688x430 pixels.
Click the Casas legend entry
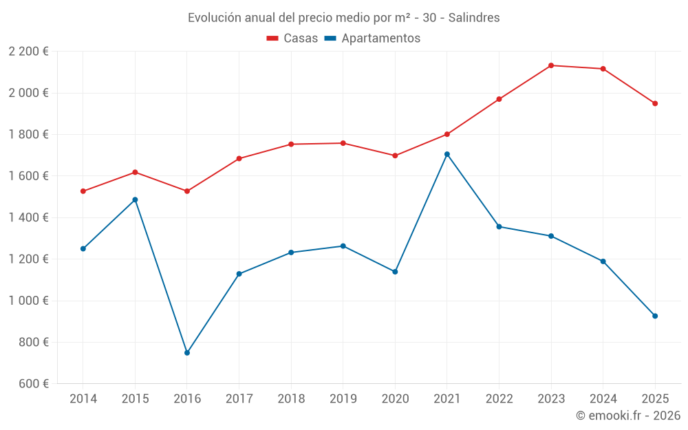tap(292, 39)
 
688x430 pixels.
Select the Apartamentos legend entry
tap(372, 39)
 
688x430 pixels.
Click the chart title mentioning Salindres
tap(344, 17)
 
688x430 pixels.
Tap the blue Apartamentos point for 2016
tap(187, 353)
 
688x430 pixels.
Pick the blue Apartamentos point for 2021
tap(447, 154)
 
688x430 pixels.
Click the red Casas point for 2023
tap(551, 65)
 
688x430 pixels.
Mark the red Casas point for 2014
tap(83, 191)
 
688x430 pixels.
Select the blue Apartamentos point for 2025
tap(655, 316)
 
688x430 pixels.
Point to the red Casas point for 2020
tap(395, 155)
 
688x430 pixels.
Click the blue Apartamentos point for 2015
tap(135, 200)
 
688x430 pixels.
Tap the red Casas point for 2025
tap(655, 103)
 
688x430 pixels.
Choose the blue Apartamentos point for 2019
tap(343, 246)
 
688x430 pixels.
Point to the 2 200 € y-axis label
tap(28, 52)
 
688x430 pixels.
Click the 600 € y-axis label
tap(32, 384)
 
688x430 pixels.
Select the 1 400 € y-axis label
tap(28, 217)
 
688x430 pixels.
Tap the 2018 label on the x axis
tap(291, 398)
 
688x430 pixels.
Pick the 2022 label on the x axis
tap(499, 398)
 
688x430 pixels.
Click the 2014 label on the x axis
tap(83, 398)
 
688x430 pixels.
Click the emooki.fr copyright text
tap(627, 416)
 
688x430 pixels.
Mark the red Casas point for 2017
tap(239, 159)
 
